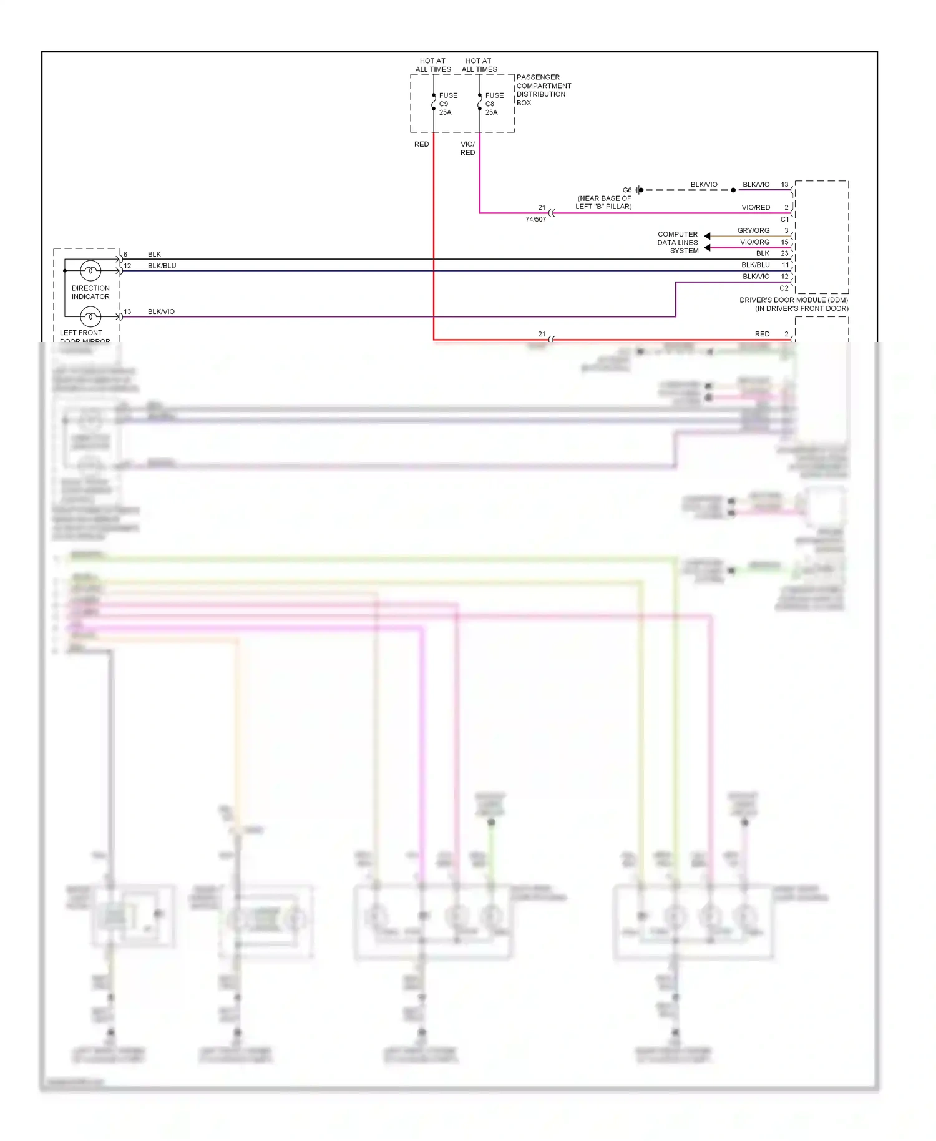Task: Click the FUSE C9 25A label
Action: coord(447,104)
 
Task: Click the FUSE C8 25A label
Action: coord(494,104)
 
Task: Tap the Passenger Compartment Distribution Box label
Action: coord(543,90)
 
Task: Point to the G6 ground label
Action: coord(626,190)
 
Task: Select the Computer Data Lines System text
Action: coord(678,242)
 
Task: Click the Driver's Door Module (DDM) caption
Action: coord(793,304)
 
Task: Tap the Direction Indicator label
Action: coord(90,292)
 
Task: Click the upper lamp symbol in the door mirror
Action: coord(90,270)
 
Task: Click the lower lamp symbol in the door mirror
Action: coord(90,316)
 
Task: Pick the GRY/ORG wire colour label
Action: coord(753,230)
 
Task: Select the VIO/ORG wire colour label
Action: coord(754,242)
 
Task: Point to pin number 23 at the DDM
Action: coord(784,253)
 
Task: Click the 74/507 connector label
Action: coord(535,219)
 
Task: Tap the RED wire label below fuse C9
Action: coord(421,144)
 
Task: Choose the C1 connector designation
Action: coord(784,219)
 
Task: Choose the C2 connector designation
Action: coord(784,288)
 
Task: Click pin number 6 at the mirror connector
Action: coord(125,254)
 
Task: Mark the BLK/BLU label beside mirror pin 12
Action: coord(162,266)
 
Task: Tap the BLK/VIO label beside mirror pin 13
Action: coord(161,311)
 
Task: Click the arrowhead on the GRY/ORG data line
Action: coord(707,236)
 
